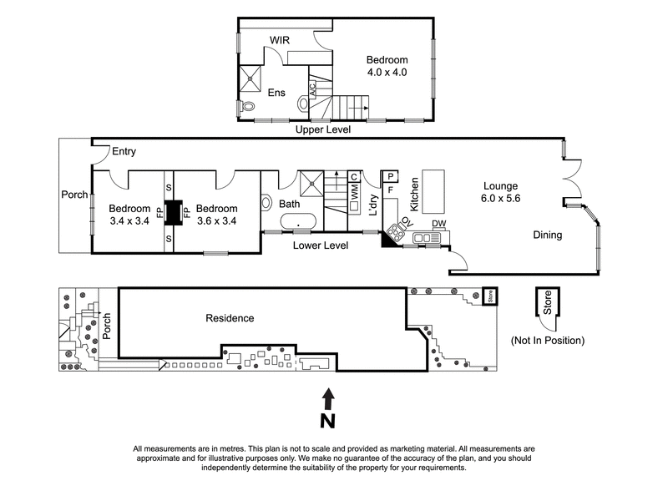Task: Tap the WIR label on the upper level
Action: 279,40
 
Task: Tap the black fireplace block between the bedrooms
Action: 174,213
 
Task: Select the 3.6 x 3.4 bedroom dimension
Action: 215,221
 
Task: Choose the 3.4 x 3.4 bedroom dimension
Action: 129,221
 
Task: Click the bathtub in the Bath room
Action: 298,223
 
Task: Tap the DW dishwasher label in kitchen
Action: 438,223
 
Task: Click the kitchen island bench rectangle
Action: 433,191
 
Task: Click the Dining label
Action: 548,235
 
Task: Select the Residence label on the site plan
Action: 230,318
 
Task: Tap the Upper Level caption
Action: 321,131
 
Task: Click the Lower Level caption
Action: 320,245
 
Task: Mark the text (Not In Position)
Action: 547,341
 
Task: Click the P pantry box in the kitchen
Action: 390,176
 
